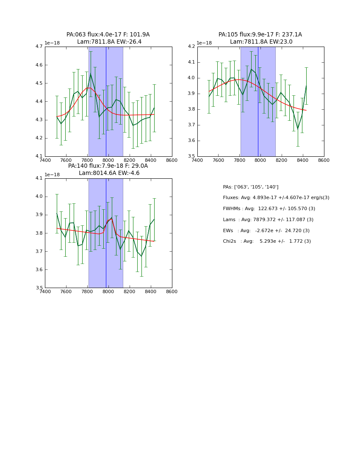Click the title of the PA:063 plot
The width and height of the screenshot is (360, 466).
tap(108, 38)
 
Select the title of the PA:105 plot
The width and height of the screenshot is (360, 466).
tap(260, 38)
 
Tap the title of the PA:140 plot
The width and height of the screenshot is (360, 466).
tap(108, 169)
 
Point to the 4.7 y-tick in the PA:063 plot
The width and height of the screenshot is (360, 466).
tap(39, 47)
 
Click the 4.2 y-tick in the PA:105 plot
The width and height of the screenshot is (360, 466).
tap(191, 47)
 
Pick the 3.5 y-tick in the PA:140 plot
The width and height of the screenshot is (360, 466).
tap(39, 288)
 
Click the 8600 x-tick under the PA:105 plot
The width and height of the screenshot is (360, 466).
tap(324, 160)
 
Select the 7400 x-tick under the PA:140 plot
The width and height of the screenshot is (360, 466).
tap(45, 291)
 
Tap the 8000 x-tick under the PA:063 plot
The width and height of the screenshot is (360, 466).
tap(108, 160)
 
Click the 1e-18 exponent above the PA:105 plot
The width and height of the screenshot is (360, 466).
tap(205, 43)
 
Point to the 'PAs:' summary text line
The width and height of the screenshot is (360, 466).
tap(250, 187)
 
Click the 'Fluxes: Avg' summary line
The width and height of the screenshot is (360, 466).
tap(276, 198)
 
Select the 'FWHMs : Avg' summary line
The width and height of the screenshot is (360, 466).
tap(269, 209)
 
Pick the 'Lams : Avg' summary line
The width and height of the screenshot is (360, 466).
tap(268, 220)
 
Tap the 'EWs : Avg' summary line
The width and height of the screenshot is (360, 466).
tap(266, 231)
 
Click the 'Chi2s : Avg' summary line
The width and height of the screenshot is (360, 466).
tap(267, 241)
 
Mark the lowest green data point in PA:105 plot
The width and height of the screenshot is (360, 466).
tap(298, 129)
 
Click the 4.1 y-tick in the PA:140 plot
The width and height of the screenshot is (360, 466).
tap(39, 178)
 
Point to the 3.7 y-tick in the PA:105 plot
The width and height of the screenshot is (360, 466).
tap(191, 125)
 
